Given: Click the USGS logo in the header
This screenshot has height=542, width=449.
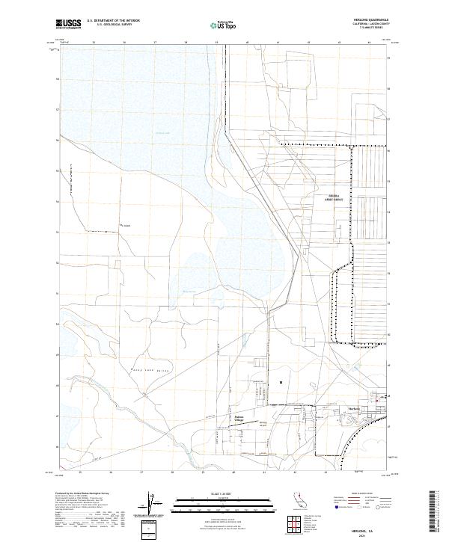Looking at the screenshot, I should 69,24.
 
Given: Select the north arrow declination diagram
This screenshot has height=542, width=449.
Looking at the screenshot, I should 155,505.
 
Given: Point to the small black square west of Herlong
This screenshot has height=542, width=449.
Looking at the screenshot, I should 281,384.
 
